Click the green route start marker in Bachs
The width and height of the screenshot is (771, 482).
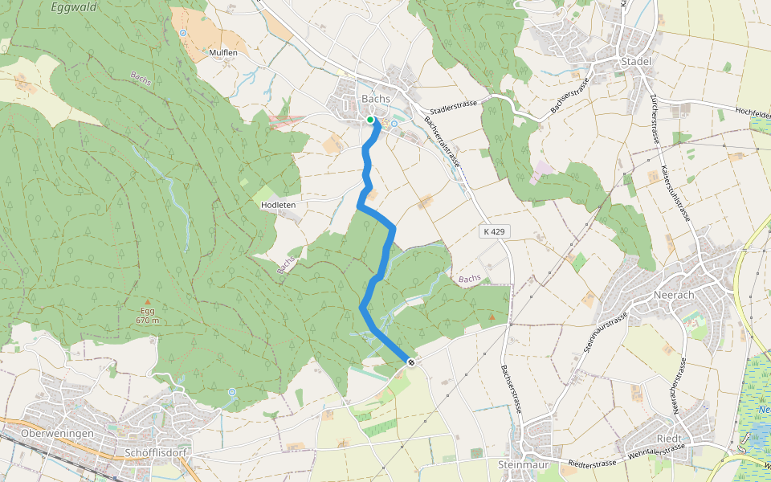point(370,120)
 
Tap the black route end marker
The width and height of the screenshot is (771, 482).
point(411,363)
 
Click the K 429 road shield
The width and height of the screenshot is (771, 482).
point(495,231)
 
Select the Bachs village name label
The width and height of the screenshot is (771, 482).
point(376,99)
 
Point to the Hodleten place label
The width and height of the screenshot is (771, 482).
point(279,205)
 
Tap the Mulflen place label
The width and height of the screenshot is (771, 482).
point(223,52)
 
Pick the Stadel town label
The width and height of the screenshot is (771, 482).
point(635,61)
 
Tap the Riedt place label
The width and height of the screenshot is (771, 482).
point(669,439)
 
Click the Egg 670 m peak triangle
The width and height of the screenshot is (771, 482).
point(147,302)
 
